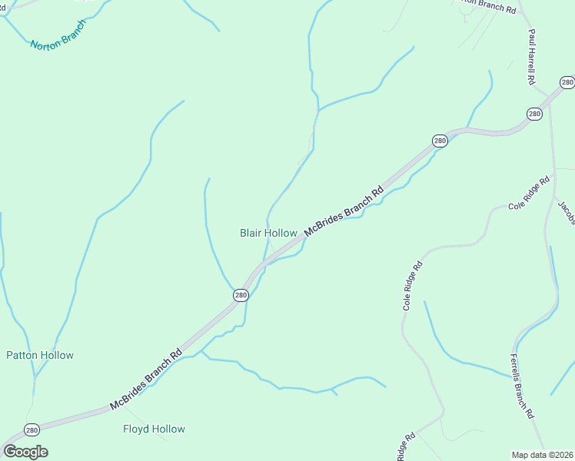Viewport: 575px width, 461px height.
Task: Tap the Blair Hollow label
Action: (268, 233)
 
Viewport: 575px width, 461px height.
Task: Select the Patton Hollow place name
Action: (40, 355)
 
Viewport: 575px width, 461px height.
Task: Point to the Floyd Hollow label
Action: (154, 429)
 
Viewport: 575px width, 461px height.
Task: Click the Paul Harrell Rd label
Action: (531, 57)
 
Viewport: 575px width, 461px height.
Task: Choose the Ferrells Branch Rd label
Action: (523, 386)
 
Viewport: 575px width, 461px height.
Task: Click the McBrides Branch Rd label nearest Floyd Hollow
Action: (146, 379)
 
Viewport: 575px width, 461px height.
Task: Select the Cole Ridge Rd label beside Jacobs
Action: (530, 194)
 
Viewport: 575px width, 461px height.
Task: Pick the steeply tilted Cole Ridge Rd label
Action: (413, 286)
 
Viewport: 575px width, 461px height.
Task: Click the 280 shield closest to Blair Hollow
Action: (241, 295)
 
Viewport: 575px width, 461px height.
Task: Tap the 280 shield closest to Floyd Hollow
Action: (32, 429)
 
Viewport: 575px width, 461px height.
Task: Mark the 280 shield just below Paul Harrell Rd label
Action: (534, 114)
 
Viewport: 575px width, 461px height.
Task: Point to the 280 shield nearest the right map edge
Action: (567, 82)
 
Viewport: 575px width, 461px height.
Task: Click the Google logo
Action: (25, 452)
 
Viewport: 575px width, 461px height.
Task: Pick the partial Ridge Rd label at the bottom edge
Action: (405, 446)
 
